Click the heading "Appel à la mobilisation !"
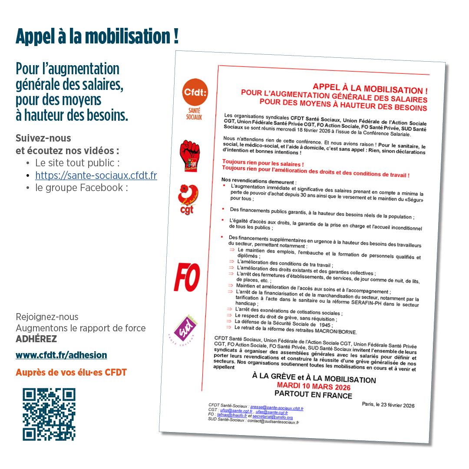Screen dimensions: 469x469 (97, 36)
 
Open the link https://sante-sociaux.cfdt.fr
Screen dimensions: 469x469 (96, 175)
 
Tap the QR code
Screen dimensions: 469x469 (49, 414)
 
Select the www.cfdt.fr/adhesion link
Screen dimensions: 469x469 (61, 355)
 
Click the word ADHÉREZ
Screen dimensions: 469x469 (36, 339)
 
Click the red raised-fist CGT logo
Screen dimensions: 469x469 (189, 155)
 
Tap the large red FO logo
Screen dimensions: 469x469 (187, 277)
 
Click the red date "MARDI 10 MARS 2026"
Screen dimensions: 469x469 (314, 386)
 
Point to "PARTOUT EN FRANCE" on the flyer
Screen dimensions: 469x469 (313, 394)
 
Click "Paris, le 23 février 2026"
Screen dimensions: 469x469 (388, 405)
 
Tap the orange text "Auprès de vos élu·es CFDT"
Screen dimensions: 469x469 (71, 373)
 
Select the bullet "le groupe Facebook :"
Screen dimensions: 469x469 (82, 188)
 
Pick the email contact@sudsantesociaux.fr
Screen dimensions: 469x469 (273, 422)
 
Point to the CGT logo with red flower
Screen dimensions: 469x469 (189, 199)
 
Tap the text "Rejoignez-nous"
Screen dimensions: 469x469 (47, 317)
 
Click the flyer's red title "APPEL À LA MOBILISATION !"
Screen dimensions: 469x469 (370, 89)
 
